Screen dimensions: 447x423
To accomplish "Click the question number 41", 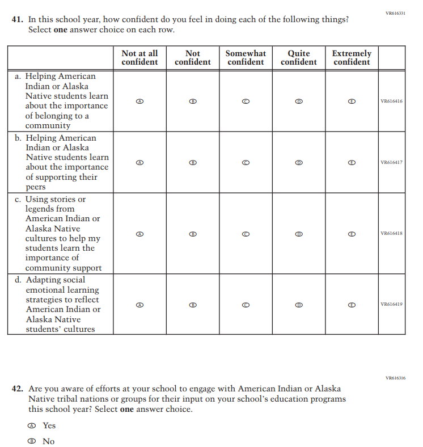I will [x=17, y=19].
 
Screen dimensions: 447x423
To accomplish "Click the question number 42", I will [x=18, y=389].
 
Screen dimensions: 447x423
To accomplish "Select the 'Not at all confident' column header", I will [x=139, y=57].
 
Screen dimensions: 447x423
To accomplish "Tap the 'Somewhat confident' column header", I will [x=246, y=57].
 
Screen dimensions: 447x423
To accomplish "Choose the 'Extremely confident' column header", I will [x=352, y=57].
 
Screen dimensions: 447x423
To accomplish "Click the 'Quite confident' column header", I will [x=299, y=57].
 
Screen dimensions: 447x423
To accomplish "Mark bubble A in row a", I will [x=139, y=101].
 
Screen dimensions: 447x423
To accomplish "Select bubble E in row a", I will [x=352, y=101].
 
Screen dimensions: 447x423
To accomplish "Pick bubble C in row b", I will [x=246, y=162].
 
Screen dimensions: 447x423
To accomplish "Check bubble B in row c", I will [x=193, y=234].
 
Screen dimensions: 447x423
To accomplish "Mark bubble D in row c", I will [x=299, y=234].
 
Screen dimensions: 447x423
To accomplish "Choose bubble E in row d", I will [x=352, y=305].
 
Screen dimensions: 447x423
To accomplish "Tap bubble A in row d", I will [x=139, y=305].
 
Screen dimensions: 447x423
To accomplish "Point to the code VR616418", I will [x=392, y=234].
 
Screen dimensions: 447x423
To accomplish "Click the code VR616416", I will [x=392, y=102].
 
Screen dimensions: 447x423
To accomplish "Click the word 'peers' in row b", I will [x=36, y=187].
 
